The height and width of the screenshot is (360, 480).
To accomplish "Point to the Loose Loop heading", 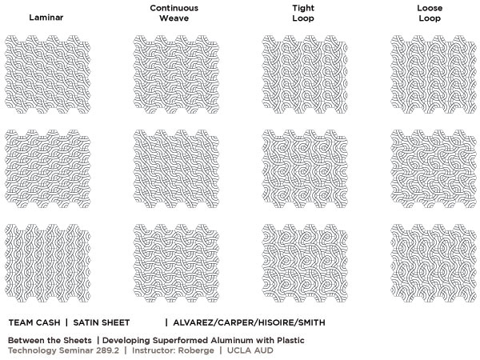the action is [x=429, y=12].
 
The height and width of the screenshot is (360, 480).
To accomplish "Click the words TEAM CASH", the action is [x=35, y=322].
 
